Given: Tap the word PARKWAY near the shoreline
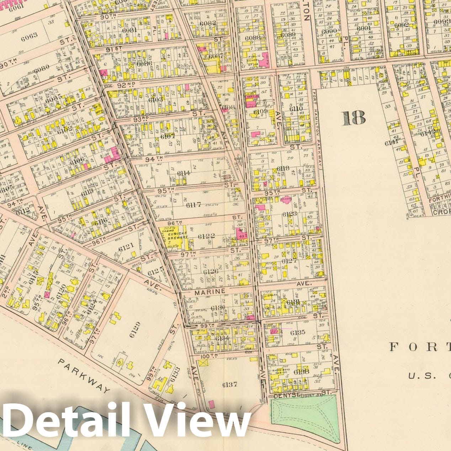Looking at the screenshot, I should [x=84, y=376].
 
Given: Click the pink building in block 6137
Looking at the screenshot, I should [x=212, y=404].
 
